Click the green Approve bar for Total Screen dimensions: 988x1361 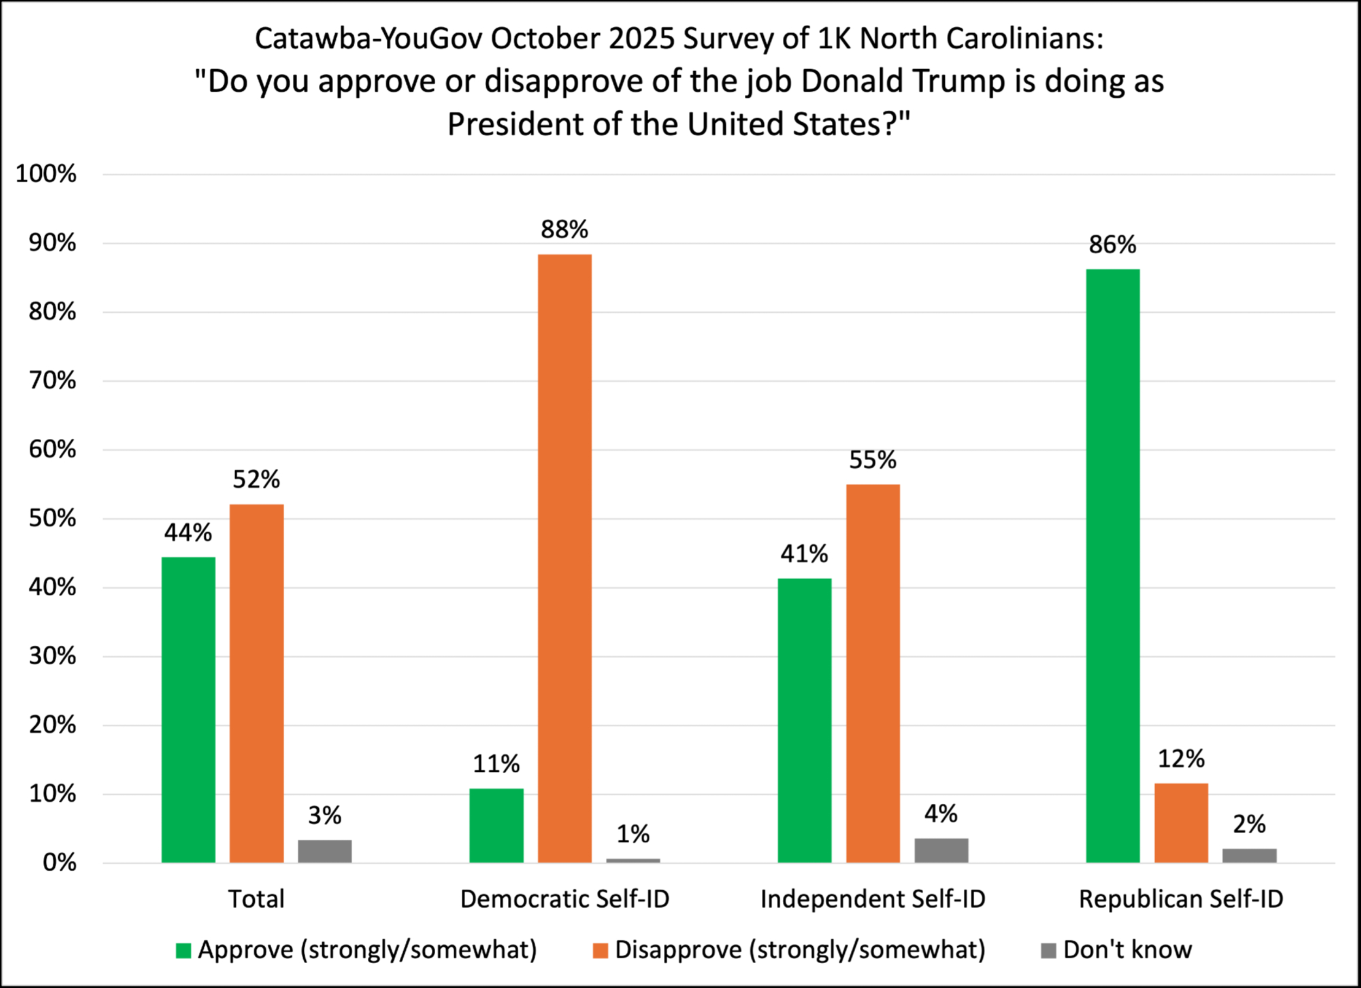point(188,710)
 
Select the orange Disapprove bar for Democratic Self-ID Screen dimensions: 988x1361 point(564,558)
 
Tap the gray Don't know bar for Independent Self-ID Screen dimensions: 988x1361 point(941,850)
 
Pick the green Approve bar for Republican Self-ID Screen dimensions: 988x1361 point(1113,565)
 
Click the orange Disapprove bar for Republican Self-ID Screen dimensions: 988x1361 point(1181,823)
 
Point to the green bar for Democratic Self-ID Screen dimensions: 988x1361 point(496,825)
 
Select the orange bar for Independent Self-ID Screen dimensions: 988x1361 point(872,673)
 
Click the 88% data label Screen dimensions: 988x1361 point(564,229)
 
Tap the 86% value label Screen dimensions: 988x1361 point(1113,244)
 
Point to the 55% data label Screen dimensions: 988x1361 point(872,460)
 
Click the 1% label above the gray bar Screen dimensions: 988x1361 point(633,834)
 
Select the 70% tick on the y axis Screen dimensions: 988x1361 point(52,381)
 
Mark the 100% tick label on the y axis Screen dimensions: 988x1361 point(46,174)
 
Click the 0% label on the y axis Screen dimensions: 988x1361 point(59,863)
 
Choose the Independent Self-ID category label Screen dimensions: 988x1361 point(872,899)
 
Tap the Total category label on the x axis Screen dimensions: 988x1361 point(256,899)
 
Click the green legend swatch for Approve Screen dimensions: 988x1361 point(183,951)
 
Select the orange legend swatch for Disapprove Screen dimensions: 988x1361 point(600,951)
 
